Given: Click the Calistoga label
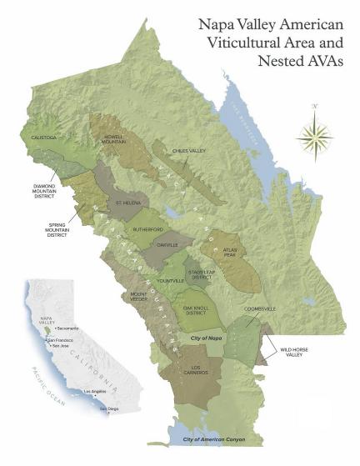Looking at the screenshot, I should click(x=45, y=140).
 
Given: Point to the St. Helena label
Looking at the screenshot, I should click(x=130, y=203).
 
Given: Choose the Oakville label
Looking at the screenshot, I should click(x=168, y=245).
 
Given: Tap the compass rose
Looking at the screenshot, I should click(x=314, y=134).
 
